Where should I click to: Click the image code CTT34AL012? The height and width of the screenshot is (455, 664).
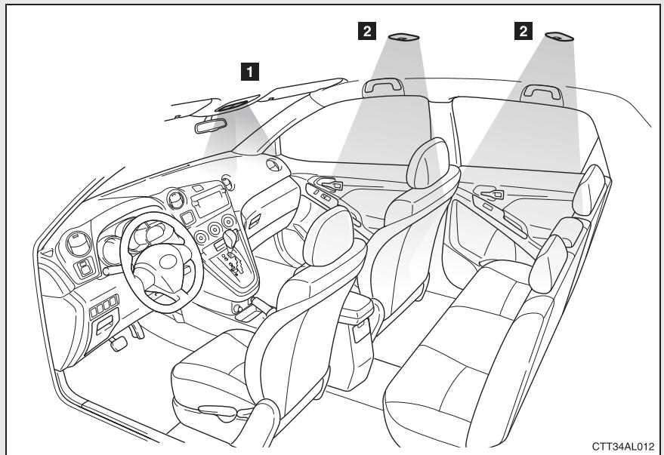622,445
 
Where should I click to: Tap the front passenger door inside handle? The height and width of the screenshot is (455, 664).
331,183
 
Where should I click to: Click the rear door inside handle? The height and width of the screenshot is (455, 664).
490,195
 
